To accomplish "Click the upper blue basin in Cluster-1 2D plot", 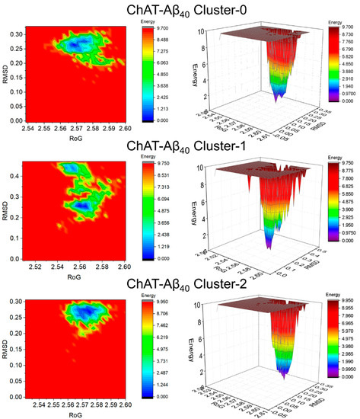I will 69,167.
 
